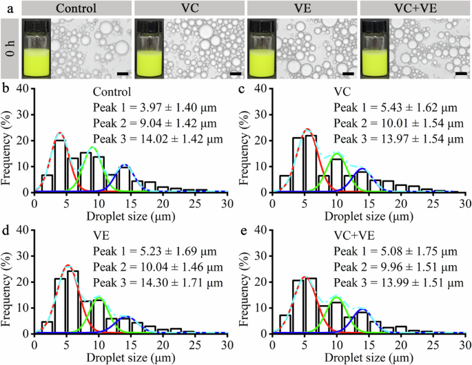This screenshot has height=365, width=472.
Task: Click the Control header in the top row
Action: coord(73,10)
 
